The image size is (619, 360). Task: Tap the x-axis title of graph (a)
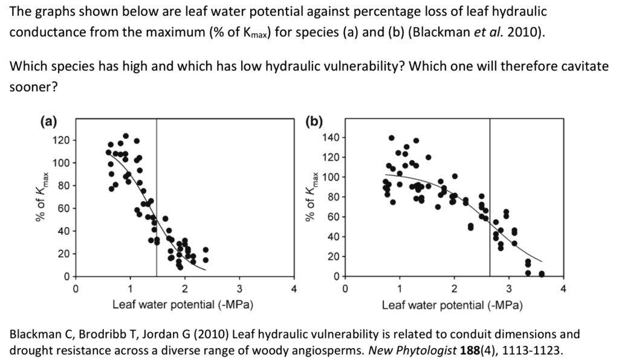(x=183, y=305)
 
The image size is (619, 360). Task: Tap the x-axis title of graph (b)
(x=452, y=305)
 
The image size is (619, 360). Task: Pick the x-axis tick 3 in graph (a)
(x=239, y=288)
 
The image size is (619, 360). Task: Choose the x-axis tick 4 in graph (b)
(x=563, y=288)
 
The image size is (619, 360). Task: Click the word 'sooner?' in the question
(x=33, y=87)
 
